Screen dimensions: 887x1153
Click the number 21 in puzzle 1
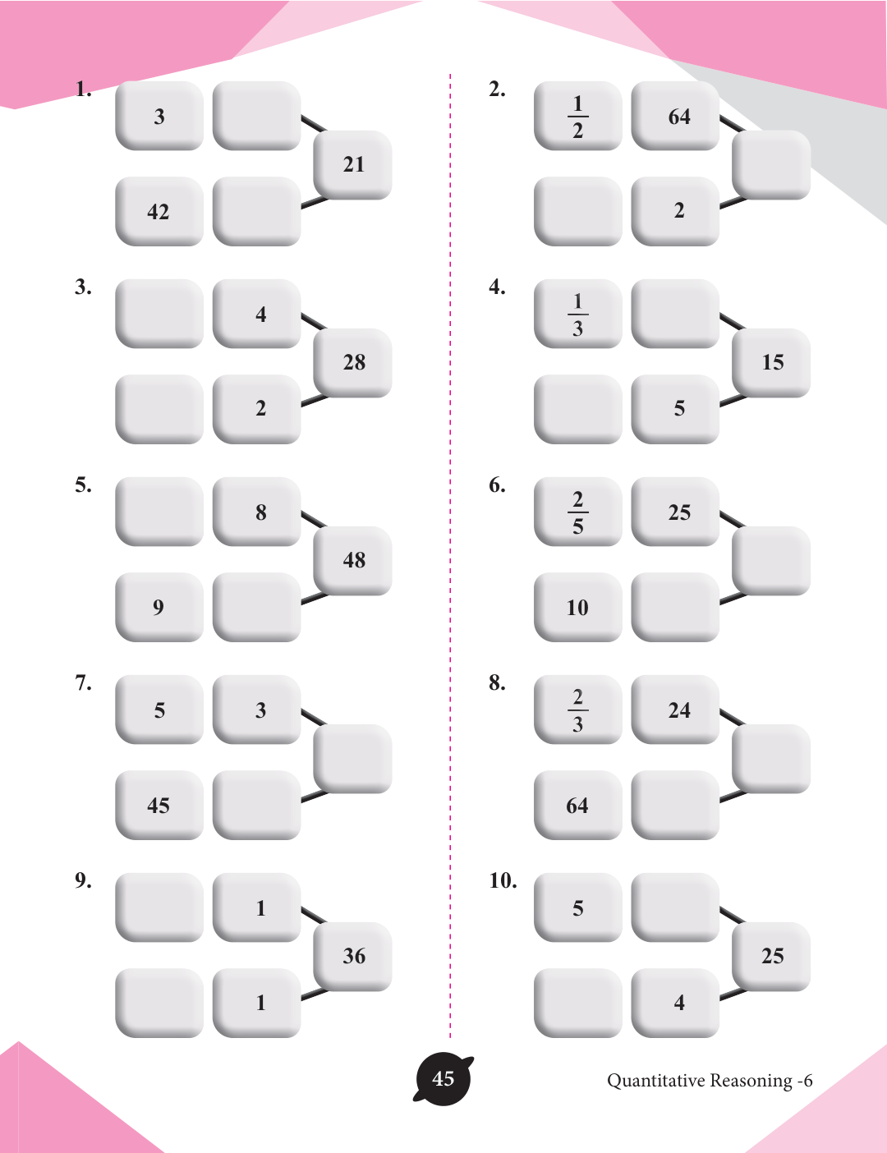pyautogui.click(x=354, y=164)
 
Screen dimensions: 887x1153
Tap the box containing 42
pyautogui.click(x=159, y=211)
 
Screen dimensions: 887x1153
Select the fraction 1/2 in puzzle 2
pyautogui.click(x=577, y=116)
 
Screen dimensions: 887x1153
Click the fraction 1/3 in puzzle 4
pyautogui.click(x=577, y=314)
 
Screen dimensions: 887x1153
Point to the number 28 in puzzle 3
pyautogui.click(x=354, y=362)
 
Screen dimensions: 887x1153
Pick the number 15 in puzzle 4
pyautogui.click(x=772, y=362)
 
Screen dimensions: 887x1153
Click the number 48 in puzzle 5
pyautogui.click(x=354, y=560)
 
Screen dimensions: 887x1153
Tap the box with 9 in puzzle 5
pyautogui.click(x=159, y=607)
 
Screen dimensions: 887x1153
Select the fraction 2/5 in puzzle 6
pyautogui.click(x=577, y=512)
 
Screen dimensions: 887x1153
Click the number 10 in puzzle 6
pyautogui.click(x=577, y=608)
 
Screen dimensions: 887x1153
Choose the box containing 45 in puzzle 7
pyautogui.click(x=159, y=805)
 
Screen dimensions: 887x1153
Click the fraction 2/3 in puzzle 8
pyautogui.click(x=577, y=710)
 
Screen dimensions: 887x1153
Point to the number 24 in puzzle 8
pyautogui.click(x=679, y=710)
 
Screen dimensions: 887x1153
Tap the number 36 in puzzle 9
pyautogui.click(x=354, y=956)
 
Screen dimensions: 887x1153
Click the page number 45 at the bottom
pyautogui.click(x=443, y=1078)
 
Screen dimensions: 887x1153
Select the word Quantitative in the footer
pyautogui.click(x=655, y=1080)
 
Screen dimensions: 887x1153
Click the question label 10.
pyautogui.click(x=503, y=881)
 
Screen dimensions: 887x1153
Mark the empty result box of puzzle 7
pyautogui.click(x=353, y=759)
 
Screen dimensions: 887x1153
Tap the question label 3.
pyautogui.click(x=83, y=287)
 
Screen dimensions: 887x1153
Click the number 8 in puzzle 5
pyautogui.click(x=260, y=512)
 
